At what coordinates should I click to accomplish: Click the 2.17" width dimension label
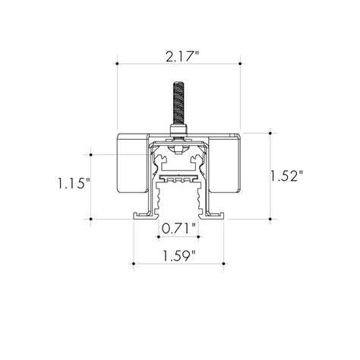(182, 56)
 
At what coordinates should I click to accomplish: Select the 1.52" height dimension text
(286, 176)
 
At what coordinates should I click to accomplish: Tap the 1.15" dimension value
(74, 183)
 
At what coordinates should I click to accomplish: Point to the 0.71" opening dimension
(178, 229)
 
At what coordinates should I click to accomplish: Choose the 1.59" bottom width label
(179, 256)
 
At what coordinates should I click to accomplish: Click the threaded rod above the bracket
(178, 103)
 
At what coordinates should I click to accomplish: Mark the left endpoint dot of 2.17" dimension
(117, 64)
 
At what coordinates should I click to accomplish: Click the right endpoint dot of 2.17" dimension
(240, 64)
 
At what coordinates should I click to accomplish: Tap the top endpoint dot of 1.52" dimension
(270, 133)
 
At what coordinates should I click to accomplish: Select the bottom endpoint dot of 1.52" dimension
(270, 219)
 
